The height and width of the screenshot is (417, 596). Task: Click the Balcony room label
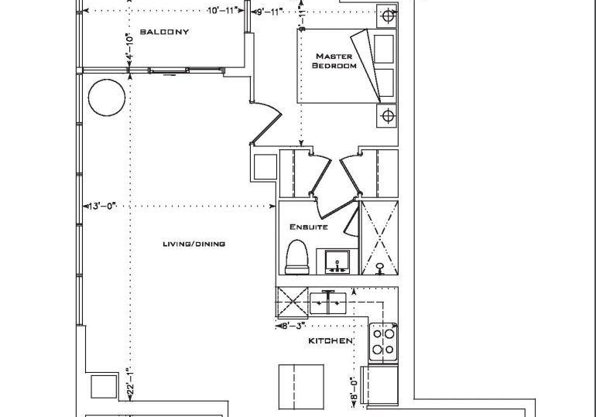point(164,32)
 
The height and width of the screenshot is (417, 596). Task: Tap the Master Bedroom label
point(334,61)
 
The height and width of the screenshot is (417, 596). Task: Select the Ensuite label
point(309,227)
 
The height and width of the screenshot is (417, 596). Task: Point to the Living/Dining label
point(194,244)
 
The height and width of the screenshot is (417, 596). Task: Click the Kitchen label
point(331,341)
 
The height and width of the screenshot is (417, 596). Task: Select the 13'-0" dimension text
point(102,207)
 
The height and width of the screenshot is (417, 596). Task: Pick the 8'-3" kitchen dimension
point(293,326)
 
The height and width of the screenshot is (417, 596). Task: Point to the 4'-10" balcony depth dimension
point(129,46)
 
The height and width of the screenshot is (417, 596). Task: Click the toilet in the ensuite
point(297,257)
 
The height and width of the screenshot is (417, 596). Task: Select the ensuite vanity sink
point(337,261)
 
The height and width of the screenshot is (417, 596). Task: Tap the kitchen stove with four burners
point(383,342)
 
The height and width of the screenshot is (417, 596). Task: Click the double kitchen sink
point(327,302)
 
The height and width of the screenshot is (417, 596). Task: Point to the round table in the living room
point(107,97)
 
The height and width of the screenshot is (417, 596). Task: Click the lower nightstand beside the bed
point(387,115)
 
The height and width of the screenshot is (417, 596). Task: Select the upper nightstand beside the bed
point(387,16)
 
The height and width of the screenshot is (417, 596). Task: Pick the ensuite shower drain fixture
point(379,268)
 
